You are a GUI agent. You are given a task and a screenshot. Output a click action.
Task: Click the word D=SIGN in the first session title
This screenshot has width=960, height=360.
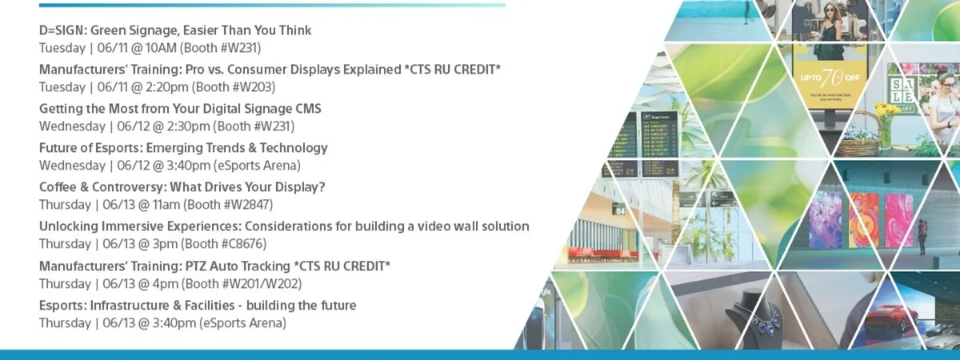(63, 30)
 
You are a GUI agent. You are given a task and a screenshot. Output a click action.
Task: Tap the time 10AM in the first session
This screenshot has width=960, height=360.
(161, 48)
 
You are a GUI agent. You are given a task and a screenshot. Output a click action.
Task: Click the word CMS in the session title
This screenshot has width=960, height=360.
(308, 109)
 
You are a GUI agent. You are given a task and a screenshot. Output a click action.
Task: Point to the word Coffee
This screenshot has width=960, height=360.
(58, 187)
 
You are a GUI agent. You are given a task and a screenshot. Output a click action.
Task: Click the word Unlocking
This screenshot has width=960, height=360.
(66, 226)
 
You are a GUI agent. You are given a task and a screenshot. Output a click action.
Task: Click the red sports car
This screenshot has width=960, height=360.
(890, 320)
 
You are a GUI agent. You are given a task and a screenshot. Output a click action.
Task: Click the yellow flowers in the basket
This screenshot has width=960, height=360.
(886, 110)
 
